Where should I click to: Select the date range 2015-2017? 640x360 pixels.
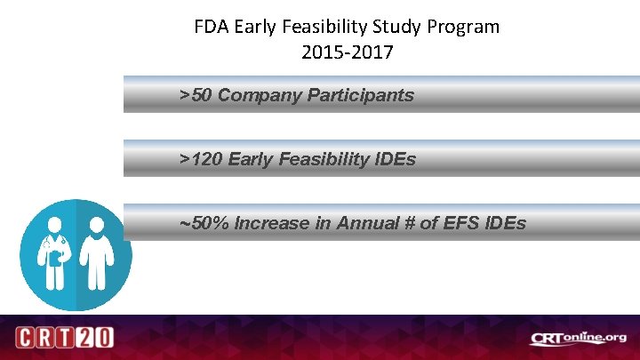tap(347, 52)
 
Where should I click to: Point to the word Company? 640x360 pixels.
tap(259, 95)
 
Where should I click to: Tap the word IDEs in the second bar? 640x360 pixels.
tap(395, 159)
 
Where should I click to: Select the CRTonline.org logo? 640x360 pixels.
tap(578, 338)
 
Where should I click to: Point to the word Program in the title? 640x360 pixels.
tap(464, 27)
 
